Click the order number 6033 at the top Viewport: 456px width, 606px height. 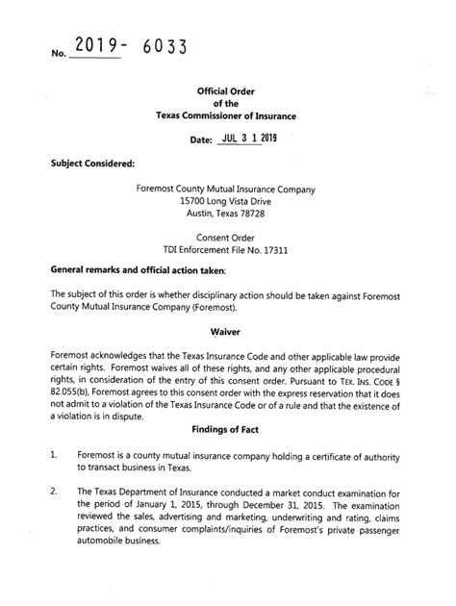tap(158, 48)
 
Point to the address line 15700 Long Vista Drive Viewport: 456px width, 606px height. tap(227, 202)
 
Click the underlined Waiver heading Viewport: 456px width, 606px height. tap(227, 329)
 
